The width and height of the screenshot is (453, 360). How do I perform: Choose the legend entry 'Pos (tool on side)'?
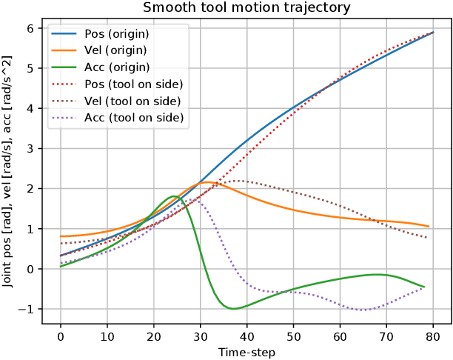click(x=134, y=84)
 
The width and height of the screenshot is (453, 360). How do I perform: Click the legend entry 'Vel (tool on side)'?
click(x=133, y=101)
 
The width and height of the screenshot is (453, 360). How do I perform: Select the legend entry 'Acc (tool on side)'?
click(x=134, y=118)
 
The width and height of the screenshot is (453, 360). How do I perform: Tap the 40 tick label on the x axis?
click(x=246, y=338)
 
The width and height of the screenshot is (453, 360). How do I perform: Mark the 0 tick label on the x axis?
click(x=61, y=338)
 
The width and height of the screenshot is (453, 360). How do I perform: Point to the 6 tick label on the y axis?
click(x=31, y=28)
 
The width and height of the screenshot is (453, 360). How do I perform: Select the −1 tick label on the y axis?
click(x=27, y=309)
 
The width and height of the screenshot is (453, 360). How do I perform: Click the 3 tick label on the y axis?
click(x=31, y=148)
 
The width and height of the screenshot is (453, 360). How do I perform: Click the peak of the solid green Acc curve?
click(x=173, y=196)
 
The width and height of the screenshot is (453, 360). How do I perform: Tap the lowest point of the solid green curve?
click(x=233, y=308)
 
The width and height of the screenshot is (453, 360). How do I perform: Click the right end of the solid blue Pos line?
click(x=432, y=33)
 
